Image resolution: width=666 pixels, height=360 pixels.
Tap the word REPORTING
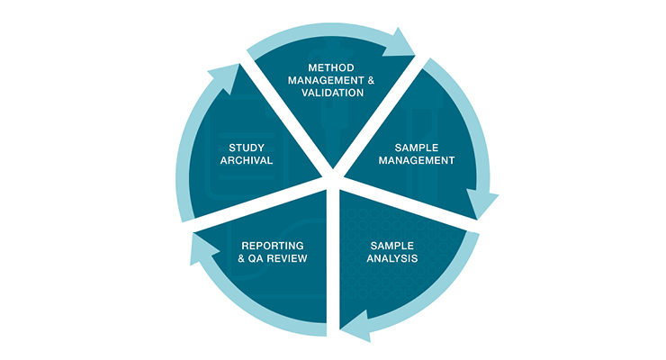click(273, 245)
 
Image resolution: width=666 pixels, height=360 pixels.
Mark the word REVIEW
click(287, 258)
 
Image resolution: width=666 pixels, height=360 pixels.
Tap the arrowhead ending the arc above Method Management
click(401, 44)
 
